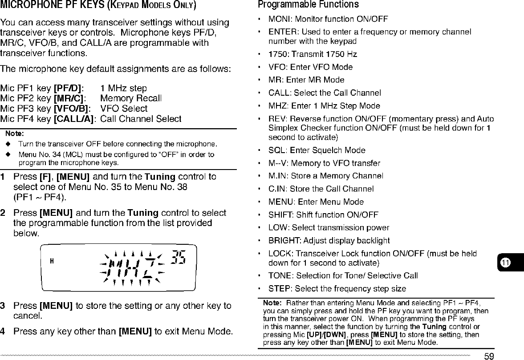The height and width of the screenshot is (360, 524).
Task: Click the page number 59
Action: (489, 356)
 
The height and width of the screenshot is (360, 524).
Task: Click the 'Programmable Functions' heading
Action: (308, 5)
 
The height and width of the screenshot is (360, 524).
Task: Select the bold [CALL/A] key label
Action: (74, 119)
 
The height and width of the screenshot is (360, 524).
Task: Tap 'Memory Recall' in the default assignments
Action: (131, 98)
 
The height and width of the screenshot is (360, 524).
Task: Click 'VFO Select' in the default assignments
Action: (124, 109)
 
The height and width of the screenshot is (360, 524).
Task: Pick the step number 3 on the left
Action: (3, 306)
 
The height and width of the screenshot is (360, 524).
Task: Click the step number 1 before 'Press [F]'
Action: (3, 177)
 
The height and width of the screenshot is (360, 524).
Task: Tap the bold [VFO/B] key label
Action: (72, 109)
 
